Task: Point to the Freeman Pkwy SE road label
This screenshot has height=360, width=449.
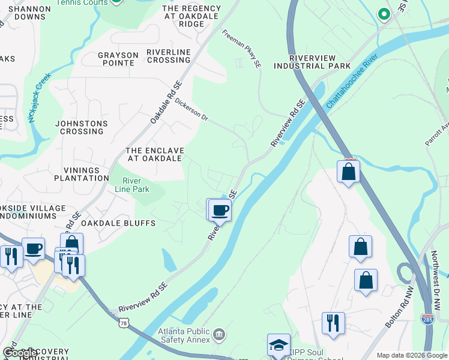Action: (x=242, y=47)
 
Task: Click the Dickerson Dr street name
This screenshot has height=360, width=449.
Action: (x=191, y=110)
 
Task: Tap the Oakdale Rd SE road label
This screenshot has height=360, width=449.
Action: (x=166, y=103)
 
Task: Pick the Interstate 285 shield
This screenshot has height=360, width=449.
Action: (x=427, y=320)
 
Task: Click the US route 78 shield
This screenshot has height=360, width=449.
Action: (x=124, y=323)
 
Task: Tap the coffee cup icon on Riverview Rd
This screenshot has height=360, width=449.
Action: (x=220, y=210)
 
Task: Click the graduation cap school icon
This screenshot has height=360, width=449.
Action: (x=279, y=345)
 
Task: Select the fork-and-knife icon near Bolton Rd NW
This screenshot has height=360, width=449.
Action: (x=333, y=323)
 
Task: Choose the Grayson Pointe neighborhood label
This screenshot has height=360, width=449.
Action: (x=116, y=59)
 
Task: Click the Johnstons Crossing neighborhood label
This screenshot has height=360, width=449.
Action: (x=82, y=127)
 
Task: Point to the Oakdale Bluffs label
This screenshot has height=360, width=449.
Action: (x=118, y=223)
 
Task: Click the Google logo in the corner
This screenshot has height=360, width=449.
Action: (x=20, y=353)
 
